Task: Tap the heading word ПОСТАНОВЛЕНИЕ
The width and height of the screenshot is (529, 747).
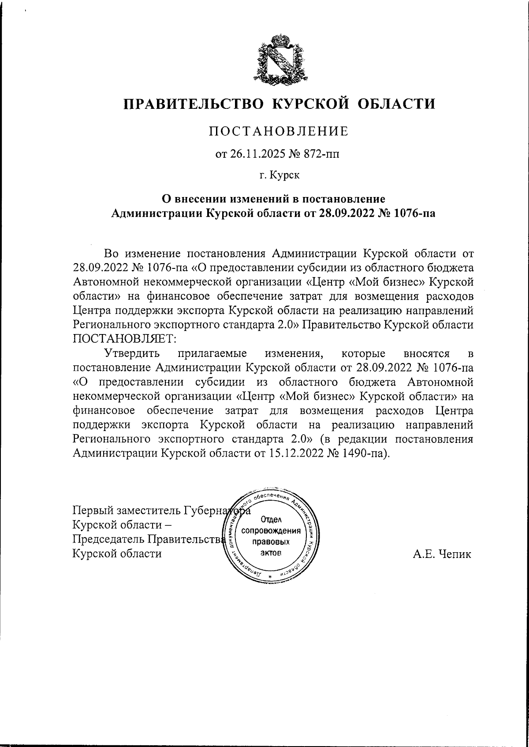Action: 278,131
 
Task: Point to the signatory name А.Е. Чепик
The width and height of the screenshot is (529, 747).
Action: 442,554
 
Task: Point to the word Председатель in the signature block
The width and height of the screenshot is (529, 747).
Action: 108,539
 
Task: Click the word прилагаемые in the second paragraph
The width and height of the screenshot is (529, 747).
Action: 212,353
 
